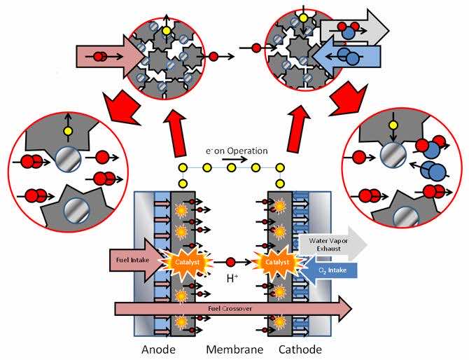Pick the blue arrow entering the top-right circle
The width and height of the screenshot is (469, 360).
tap(353, 54)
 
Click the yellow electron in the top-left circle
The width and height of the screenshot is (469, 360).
tap(167, 30)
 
